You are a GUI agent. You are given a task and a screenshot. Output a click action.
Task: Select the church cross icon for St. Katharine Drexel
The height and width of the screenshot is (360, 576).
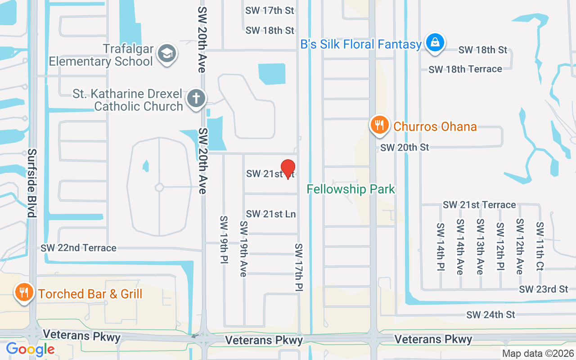(196, 98)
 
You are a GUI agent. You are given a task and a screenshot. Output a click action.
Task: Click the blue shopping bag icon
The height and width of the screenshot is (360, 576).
(435, 43)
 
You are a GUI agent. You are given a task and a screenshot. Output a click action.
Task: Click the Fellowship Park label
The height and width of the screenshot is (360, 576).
(351, 189)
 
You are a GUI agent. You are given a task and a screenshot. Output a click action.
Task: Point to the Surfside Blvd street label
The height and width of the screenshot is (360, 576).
(31, 183)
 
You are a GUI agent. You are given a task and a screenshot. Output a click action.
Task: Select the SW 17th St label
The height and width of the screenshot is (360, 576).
(270, 10)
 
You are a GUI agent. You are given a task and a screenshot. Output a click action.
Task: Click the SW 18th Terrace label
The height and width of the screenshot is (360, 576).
(465, 69)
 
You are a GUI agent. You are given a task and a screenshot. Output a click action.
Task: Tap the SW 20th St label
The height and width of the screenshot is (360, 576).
(405, 147)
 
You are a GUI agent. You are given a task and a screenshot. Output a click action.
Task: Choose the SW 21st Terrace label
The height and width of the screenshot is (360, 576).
(479, 205)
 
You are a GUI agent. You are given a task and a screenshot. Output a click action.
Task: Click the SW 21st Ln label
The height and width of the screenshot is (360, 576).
(271, 214)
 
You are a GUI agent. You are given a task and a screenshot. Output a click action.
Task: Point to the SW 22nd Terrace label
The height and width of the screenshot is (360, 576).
(78, 248)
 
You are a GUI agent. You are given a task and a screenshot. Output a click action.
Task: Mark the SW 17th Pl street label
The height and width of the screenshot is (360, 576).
(299, 267)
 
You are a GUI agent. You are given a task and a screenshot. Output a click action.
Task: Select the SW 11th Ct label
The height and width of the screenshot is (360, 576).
(540, 247)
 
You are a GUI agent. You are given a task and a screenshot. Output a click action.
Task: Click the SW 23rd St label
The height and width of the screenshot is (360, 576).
(544, 289)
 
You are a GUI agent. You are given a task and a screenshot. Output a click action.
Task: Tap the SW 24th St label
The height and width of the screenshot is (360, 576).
(490, 315)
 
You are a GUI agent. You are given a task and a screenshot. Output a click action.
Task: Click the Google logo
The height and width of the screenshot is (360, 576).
(30, 349)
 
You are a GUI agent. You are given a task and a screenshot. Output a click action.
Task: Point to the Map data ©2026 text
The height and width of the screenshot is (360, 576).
(538, 354)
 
